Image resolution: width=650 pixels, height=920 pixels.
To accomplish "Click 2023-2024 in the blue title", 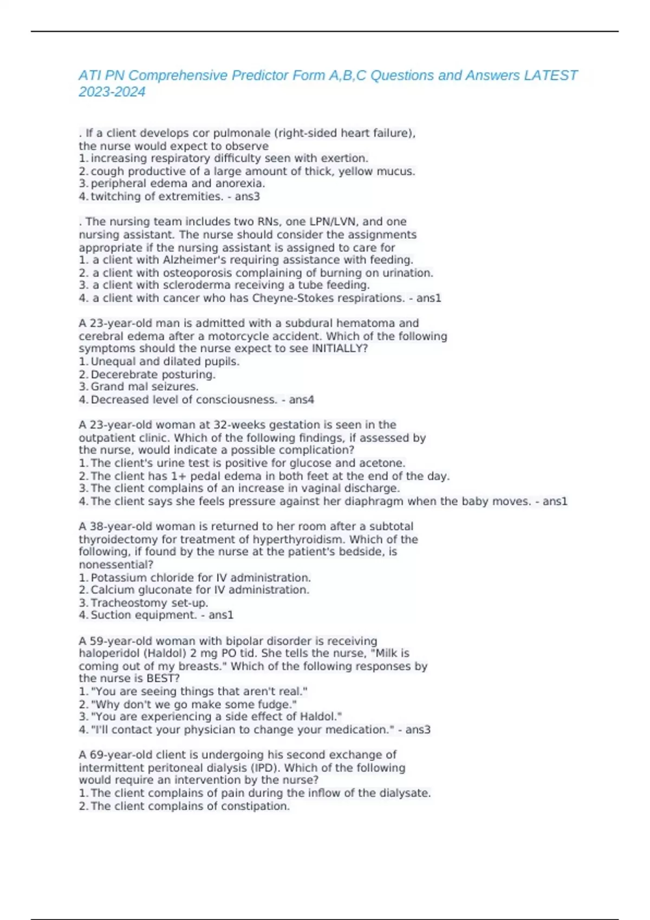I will [112, 92].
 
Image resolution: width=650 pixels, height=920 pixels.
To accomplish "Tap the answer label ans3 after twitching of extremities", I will [247, 196].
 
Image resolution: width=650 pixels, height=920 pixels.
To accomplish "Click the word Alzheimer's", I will [194, 260].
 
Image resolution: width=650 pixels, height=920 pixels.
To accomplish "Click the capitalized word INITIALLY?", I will [340, 349].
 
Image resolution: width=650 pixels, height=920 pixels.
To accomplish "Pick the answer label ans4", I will [301, 400].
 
